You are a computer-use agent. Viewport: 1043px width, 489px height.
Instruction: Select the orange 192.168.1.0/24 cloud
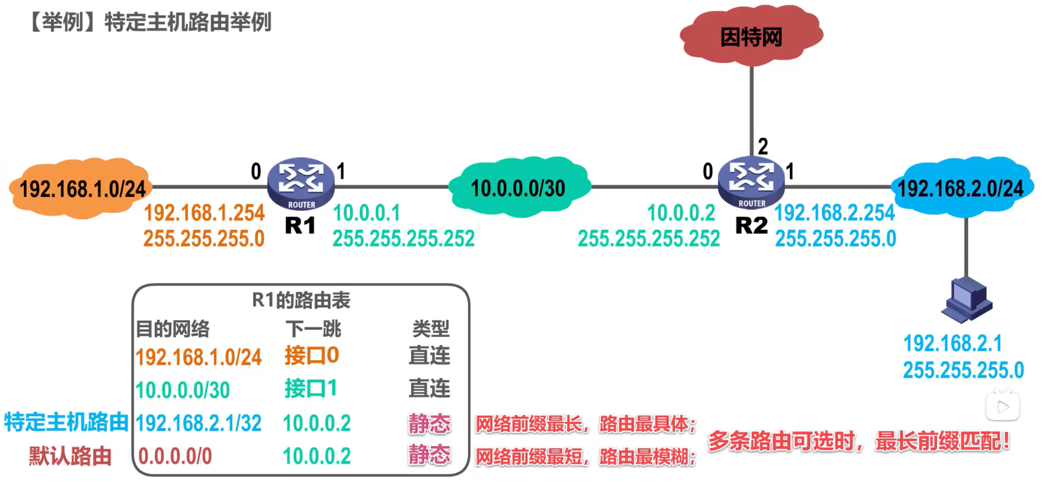click(x=81, y=188)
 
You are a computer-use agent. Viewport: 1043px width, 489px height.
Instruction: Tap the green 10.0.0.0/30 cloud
click(x=519, y=187)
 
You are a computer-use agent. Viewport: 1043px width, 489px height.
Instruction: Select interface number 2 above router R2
click(x=763, y=147)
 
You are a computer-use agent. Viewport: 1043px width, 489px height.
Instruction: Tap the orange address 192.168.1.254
click(x=204, y=213)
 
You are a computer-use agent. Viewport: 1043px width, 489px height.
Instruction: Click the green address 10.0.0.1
click(x=366, y=213)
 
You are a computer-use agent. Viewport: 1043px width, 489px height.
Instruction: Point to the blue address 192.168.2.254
click(x=834, y=213)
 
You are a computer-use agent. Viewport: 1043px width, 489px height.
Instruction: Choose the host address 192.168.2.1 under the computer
click(x=952, y=343)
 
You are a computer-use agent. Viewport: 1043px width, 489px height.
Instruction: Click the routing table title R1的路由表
click(x=301, y=300)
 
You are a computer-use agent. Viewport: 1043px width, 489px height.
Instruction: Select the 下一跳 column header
click(x=313, y=328)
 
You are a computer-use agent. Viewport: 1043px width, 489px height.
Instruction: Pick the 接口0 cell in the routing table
click(x=312, y=355)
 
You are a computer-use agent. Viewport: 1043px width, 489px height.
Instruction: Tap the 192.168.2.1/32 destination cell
click(x=198, y=423)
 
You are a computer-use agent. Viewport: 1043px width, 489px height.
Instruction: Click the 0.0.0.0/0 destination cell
click(x=175, y=456)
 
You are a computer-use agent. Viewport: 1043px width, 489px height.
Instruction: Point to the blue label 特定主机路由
click(x=66, y=422)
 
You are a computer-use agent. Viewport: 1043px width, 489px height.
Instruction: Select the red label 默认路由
click(x=70, y=456)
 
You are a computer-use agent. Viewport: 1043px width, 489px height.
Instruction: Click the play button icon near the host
click(x=1003, y=407)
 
